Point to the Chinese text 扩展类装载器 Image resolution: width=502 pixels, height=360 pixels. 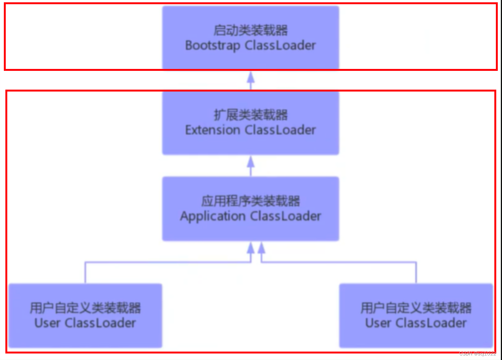251,115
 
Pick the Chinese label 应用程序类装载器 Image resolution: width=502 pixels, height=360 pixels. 251,201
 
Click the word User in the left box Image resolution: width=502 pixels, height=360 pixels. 48,323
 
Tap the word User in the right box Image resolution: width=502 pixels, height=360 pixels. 379,323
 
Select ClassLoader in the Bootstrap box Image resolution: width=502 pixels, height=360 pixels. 280,45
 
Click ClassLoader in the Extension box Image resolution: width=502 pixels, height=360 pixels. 280,130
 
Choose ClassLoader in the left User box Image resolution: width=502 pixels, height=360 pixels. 100,323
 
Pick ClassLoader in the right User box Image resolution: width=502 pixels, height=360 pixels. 431,323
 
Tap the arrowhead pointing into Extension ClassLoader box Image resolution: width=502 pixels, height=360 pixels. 251,161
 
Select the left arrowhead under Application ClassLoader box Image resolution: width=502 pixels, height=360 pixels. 251,248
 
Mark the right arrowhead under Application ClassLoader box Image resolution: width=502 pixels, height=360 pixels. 261,248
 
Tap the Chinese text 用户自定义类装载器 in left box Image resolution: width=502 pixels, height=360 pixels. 85,308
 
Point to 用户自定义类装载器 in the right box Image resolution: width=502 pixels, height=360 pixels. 416,308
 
